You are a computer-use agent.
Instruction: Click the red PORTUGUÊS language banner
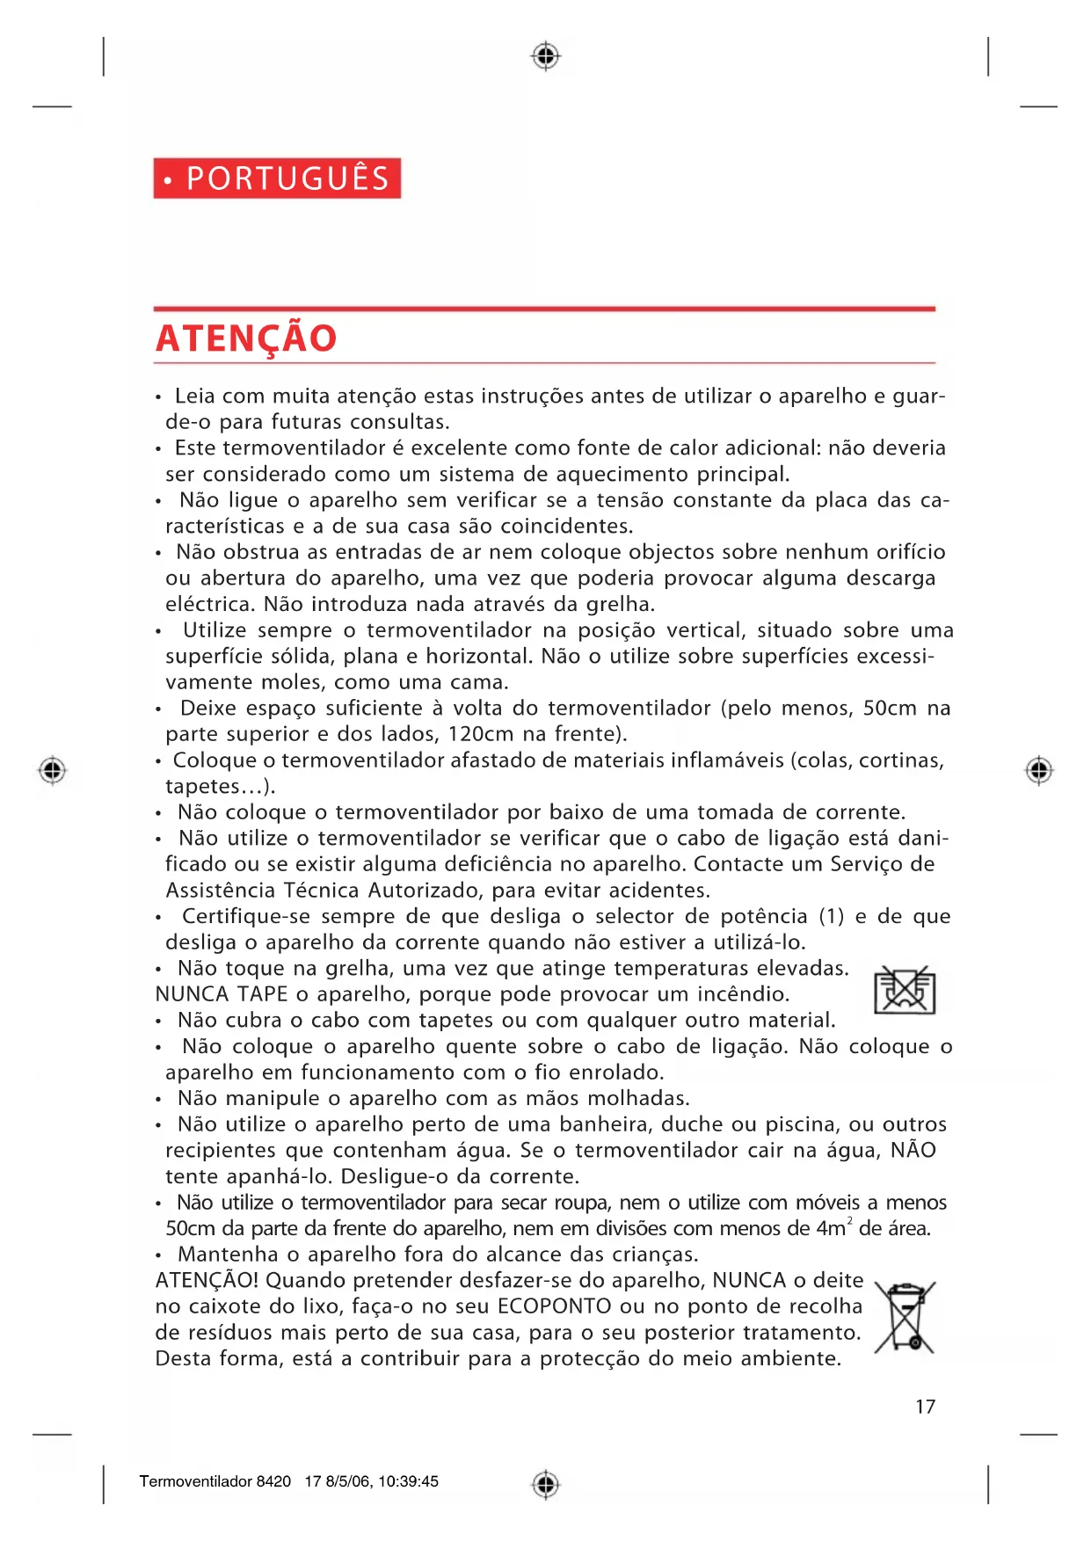pos(277,178)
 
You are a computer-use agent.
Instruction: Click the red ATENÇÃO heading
pos(246,338)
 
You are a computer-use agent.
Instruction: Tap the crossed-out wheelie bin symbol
pos(906,1317)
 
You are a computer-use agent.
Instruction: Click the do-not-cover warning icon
pos(905,991)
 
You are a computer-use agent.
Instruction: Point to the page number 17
pos(925,1407)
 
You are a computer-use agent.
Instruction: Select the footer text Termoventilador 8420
pos(215,1481)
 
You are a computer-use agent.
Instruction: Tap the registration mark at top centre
pos(546,56)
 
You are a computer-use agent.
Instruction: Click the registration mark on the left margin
pos(53,770)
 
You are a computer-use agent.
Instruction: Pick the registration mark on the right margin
pos(1039,770)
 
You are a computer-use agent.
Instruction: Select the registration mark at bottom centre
pos(546,1484)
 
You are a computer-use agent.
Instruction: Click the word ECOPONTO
pos(554,1306)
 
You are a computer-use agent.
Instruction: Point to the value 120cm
pos(481,734)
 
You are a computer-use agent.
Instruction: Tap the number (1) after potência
pos(832,916)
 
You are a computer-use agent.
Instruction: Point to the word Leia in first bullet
pos(194,396)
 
